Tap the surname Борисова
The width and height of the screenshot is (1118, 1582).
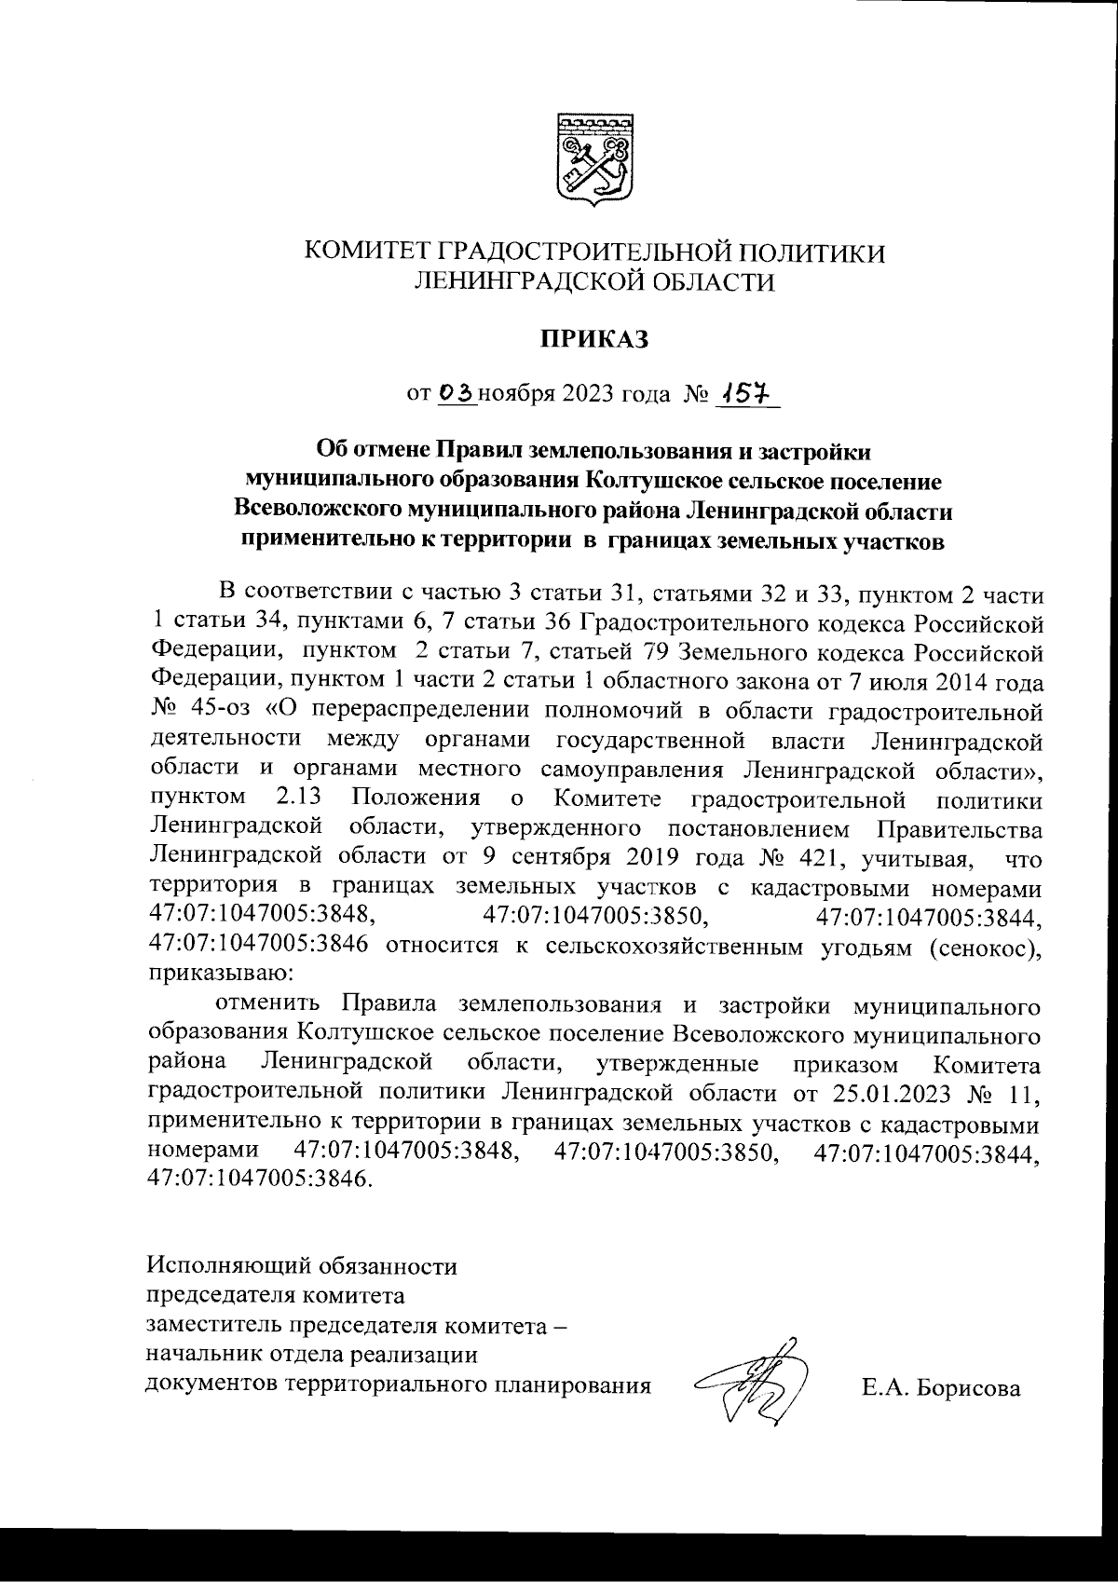pos(969,1388)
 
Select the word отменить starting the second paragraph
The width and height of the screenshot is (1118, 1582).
pos(269,1004)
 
